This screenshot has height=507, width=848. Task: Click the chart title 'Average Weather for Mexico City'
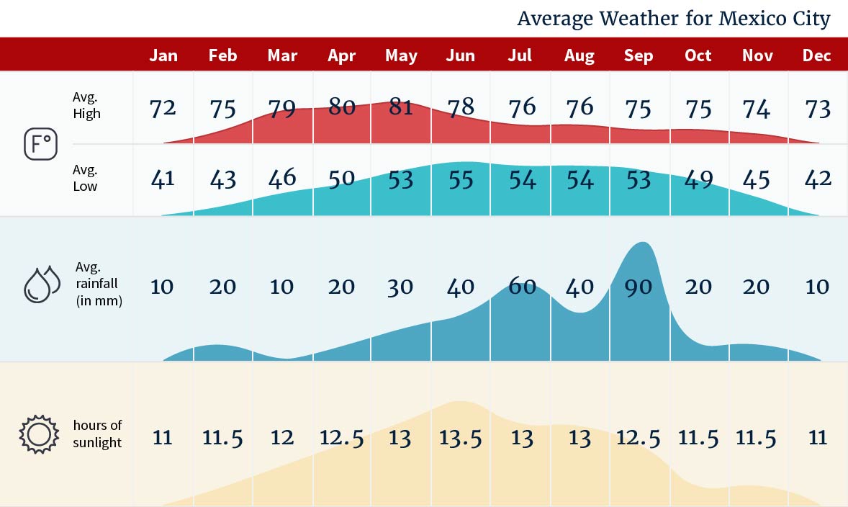tap(673, 19)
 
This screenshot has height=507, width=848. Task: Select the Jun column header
tap(461, 55)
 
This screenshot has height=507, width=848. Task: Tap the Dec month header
tap(817, 55)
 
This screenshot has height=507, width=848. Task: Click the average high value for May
tap(401, 107)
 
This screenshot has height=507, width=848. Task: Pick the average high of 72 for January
tap(163, 109)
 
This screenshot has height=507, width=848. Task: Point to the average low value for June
tap(461, 179)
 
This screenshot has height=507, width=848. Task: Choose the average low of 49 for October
tap(698, 179)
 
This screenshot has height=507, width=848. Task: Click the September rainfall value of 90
tap(639, 287)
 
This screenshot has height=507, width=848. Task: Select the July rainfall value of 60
tap(522, 287)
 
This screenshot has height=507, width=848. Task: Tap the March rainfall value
tap(282, 287)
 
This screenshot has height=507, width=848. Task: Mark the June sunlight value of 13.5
tap(461, 438)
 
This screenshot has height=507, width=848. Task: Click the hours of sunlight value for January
tap(163, 438)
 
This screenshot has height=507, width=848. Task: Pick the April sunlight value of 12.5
tap(341, 438)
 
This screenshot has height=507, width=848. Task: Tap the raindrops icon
tap(42, 284)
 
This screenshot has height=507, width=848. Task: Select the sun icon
tap(38, 434)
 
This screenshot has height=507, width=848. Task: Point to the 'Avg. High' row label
tap(86, 105)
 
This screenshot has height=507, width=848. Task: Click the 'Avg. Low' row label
tap(85, 178)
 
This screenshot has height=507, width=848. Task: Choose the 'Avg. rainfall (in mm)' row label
tap(99, 284)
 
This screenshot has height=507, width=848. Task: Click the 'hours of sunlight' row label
tap(97, 434)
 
